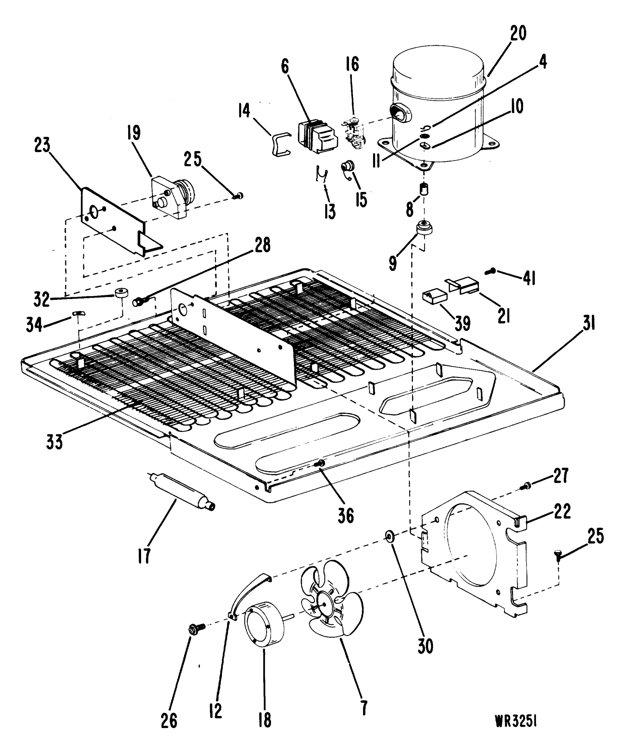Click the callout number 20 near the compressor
click(x=518, y=33)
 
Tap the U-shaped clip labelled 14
click(x=280, y=143)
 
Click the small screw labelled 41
click(x=490, y=271)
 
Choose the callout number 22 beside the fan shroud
click(x=562, y=511)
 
